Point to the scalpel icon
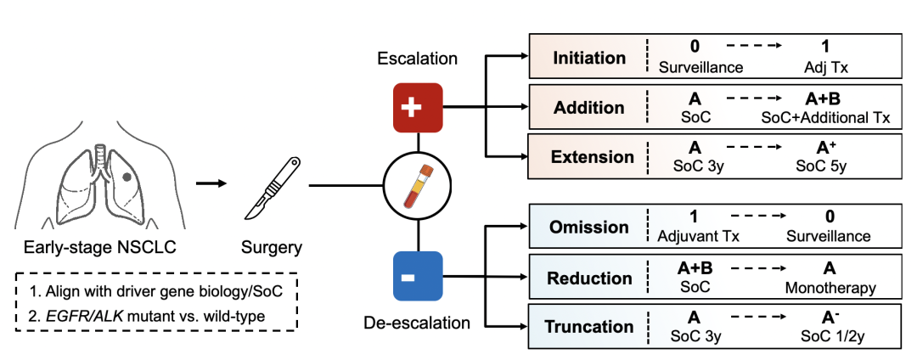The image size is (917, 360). click(x=270, y=185)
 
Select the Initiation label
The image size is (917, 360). click(x=588, y=59)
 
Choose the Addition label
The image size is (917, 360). click(x=588, y=108)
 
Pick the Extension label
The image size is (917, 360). click(x=592, y=156)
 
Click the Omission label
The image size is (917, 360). click(x=589, y=228)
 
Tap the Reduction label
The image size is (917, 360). click(x=590, y=278)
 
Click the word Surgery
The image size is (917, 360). click(x=271, y=248)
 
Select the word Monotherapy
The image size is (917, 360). click(x=830, y=288)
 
